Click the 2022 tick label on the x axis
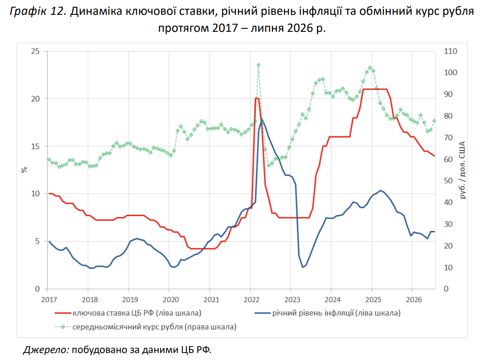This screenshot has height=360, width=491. tap(252, 300)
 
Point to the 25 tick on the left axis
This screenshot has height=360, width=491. tap(35, 51)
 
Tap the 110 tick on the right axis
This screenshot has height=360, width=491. tap(450, 51)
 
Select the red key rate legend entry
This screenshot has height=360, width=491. tap(128, 313)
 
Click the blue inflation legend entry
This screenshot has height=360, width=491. tap(327, 313)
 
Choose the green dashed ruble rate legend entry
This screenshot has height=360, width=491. tap(146, 327)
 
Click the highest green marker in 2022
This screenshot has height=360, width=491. tap(258, 65)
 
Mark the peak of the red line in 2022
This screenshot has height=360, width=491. tap(257, 98)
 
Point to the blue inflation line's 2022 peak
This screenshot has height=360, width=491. tap(262, 120)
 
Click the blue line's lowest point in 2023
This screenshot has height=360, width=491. tap(303, 267)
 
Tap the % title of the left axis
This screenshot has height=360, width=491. tap(24, 170)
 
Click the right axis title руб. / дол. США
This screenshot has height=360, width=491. tap(462, 170)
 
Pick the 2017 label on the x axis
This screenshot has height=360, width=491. tap(49, 300)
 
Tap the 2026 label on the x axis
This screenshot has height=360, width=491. tap(414, 300)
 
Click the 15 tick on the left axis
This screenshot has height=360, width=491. tap(35, 146)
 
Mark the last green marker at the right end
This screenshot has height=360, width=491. tap(434, 121)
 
